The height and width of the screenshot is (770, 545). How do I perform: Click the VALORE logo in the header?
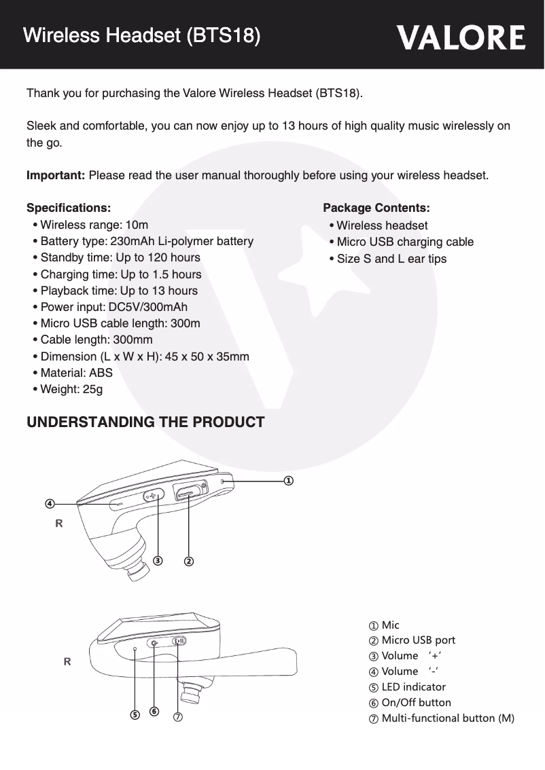pos(461,38)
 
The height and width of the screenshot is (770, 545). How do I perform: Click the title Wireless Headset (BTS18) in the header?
pos(141,35)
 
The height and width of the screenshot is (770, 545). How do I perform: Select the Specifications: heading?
pos(68,207)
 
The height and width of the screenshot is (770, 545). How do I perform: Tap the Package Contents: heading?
pos(376,207)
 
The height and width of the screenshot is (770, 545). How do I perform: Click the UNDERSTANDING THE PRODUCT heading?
pos(145,422)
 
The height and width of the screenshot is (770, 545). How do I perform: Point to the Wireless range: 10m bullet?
pos(94,225)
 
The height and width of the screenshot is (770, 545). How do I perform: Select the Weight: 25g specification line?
pos(71,389)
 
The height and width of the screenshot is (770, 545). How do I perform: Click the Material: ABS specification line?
pos(76,372)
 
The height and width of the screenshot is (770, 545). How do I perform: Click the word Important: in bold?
pos(55,176)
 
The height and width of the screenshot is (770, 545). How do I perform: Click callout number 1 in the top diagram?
pos(289,480)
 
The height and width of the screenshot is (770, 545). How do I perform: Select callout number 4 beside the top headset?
pos(50,504)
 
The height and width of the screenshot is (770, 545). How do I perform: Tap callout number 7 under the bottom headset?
pos(178,717)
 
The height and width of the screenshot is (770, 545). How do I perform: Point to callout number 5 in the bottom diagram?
pos(135,715)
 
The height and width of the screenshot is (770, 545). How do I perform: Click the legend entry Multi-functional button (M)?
pos(447,718)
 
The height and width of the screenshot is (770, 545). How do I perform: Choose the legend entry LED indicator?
pos(413,687)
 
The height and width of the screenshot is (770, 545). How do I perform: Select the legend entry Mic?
pos(390,625)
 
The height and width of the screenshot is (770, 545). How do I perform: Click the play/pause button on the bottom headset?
pos(179,640)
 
